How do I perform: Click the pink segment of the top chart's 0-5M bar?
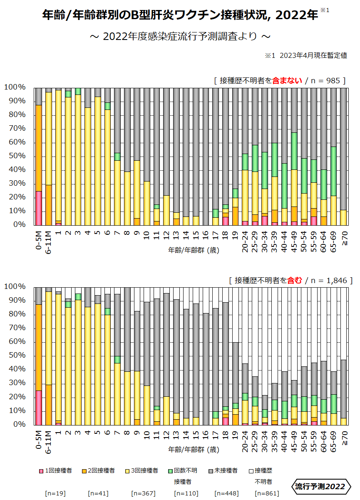pos(39,208)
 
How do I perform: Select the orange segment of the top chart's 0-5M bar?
pos(39,148)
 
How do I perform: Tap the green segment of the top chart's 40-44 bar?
pos(284,186)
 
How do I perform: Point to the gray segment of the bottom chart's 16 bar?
pos(206,369)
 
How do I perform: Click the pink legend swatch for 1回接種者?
pos(41,471)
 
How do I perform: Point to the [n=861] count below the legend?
pos(267,493)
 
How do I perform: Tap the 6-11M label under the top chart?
pos(49,239)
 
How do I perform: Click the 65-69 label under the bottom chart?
pos(334,438)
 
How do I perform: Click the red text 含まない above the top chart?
pos(287,80)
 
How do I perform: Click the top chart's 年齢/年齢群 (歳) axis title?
pos(194,250)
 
